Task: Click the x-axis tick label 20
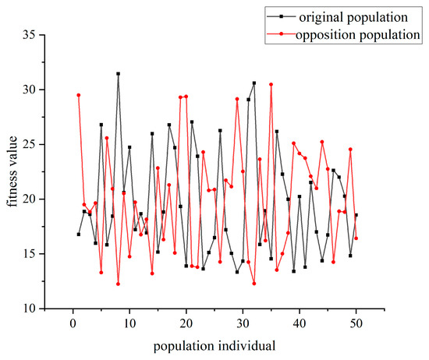[186, 320]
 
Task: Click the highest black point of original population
[118, 74]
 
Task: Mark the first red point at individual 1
[79, 95]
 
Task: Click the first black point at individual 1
[79, 234]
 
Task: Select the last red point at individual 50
[356, 238]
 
